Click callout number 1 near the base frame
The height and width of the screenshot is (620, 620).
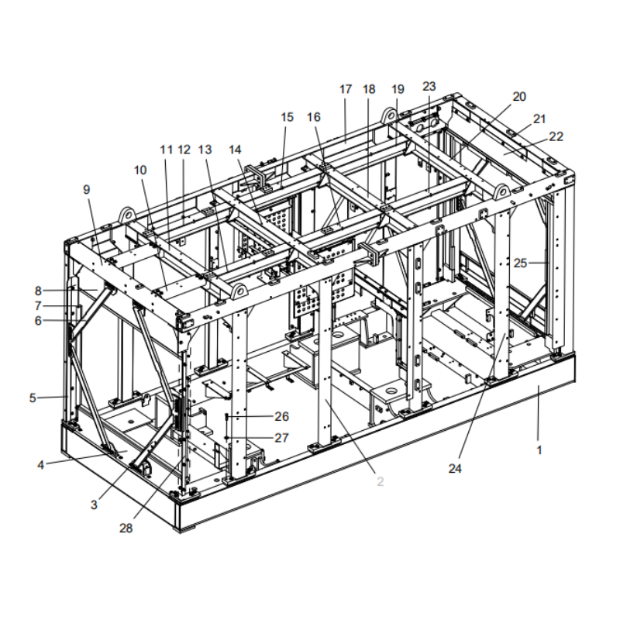[540, 449]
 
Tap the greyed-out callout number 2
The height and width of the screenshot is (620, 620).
[380, 481]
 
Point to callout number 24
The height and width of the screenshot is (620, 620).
[455, 468]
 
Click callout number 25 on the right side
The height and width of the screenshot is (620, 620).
[520, 263]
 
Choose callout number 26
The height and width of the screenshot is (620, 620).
[281, 416]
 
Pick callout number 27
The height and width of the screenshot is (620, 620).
[281, 438]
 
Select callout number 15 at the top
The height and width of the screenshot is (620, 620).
[288, 117]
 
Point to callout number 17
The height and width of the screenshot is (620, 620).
[346, 89]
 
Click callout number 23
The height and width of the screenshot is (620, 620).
[429, 85]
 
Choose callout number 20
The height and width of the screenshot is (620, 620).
[519, 97]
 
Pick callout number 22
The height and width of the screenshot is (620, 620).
[556, 136]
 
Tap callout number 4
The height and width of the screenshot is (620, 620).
[41, 464]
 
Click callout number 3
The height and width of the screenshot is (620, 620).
[94, 505]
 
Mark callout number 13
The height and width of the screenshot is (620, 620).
[205, 149]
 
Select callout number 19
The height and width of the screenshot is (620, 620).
[398, 89]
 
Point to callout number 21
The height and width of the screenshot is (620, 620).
[539, 119]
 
